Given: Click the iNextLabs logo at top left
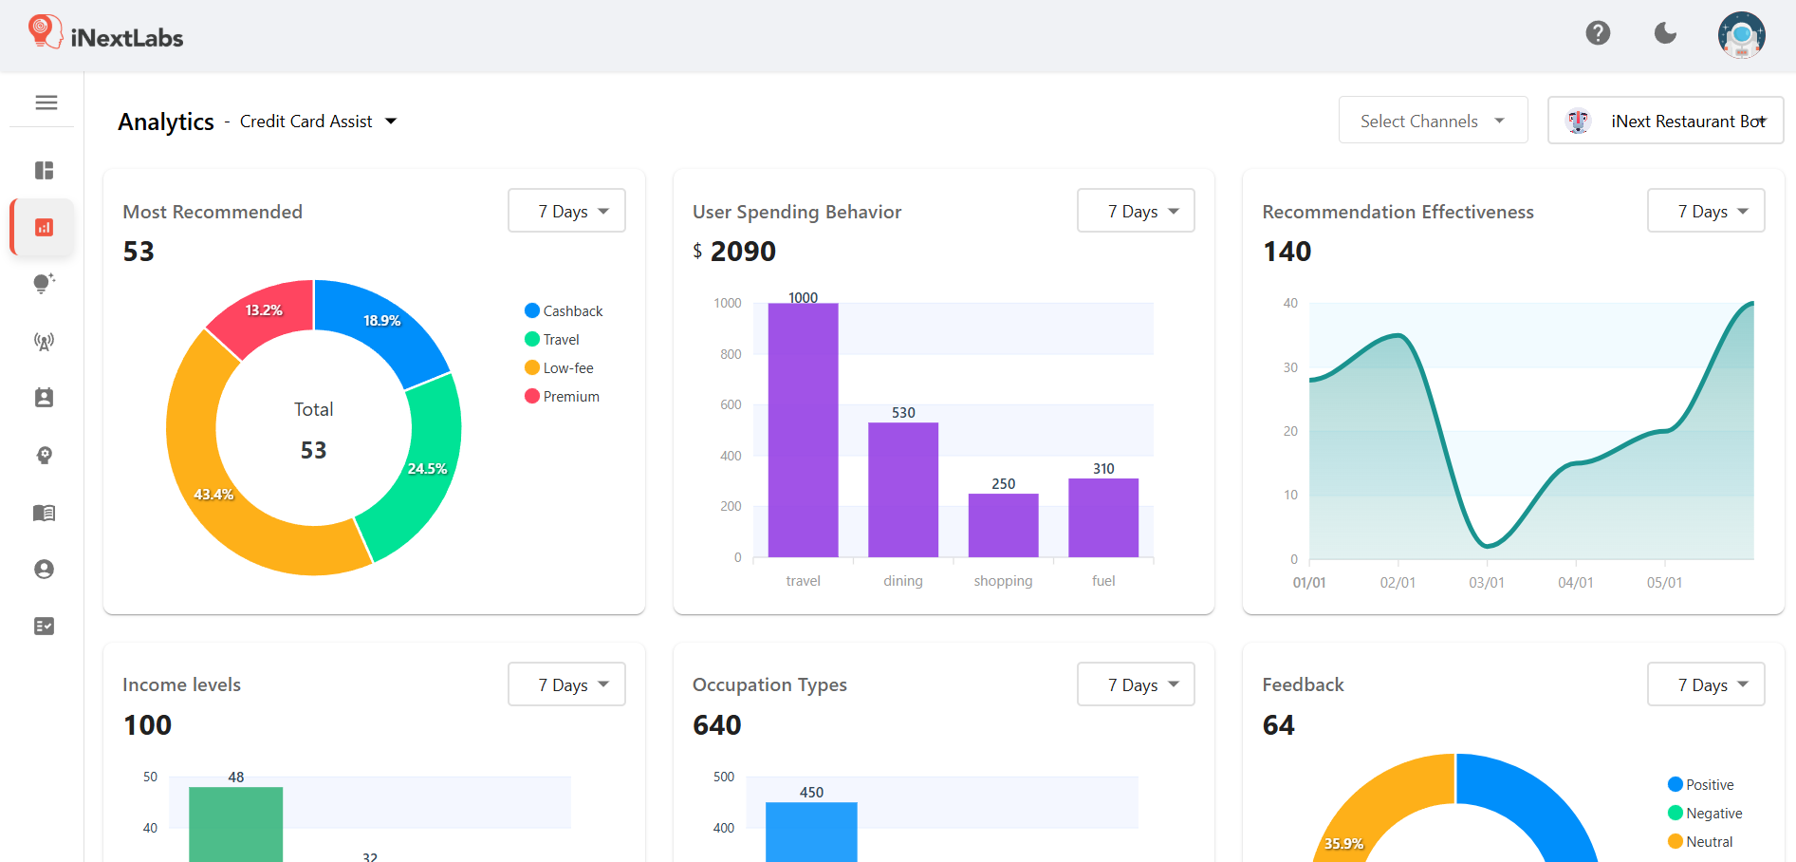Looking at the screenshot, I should tap(105, 35).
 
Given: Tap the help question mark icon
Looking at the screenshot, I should tap(1598, 33).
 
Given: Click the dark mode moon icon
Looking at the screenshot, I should tap(1665, 33).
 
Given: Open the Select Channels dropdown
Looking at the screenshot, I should tap(1433, 121).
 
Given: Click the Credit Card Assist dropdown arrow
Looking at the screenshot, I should tap(391, 122).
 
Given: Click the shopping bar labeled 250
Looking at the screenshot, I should tap(1003, 525).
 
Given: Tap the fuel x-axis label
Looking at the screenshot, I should tap(1103, 581).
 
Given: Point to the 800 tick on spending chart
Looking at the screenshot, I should tap(730, 354).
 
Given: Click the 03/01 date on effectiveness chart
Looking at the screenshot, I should tap(1486, 583).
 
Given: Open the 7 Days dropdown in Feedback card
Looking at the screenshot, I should tap(1705, 684).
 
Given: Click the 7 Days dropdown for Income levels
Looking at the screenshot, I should tap(566, 684).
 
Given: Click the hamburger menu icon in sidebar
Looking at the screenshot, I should tap(46, 103).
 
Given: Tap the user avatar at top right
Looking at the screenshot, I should tap(1741, 35).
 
